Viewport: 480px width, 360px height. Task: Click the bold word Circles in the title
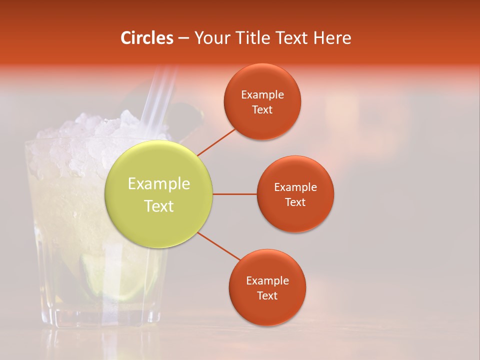coord(147,38)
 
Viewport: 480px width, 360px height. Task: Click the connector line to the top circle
coord(216,142)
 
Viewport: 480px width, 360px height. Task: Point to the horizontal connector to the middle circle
coord(234,194)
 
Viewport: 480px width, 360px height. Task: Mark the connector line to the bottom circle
coord(219,246)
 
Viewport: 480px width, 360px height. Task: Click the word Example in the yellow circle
coord(159,184)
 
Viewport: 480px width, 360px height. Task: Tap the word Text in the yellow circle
coord(159,206)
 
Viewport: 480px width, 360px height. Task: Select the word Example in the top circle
coord(262,95)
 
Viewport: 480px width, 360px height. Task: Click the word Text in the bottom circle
coord(267,295)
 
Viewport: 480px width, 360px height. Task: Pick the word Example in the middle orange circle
coord(295,187)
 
